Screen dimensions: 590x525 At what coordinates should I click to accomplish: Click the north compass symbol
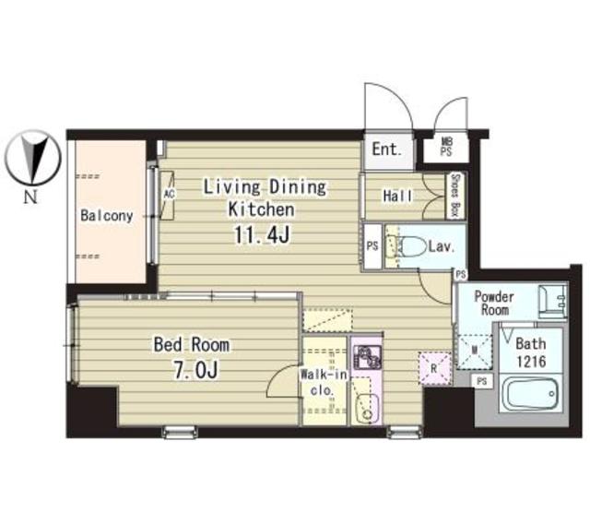coord(33,158)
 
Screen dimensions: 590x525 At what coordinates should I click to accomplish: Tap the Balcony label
coord(107,216)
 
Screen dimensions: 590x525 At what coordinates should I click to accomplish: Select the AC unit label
coord(169,194)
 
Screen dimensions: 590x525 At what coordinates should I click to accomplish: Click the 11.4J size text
coord(262,234)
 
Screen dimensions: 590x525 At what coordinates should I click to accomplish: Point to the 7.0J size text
coord(195,369)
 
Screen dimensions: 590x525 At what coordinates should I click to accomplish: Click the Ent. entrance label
coord(386,149)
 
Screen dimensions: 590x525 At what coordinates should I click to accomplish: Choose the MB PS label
coord(447,147)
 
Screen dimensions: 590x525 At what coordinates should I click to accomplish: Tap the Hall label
coord(397,196)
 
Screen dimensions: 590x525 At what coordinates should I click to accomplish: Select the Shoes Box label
coord(454,196)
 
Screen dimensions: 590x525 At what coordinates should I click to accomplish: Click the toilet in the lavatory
coord(410,246)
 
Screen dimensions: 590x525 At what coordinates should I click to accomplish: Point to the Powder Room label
coord(494,304)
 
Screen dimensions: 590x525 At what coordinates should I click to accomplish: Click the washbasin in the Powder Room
coord(552,302)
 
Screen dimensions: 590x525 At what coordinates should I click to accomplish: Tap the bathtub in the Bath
coord(531,394)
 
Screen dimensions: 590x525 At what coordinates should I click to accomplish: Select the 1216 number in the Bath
coord(531,362)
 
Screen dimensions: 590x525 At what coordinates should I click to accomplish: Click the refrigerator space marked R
coord(434,368)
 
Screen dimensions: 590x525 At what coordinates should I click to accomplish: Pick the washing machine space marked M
coord(475,352)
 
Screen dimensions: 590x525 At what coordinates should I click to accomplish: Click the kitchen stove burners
coord(367,357)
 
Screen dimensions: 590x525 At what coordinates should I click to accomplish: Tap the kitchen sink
coord(367,410)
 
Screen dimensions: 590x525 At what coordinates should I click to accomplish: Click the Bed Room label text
coord(192,345)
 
